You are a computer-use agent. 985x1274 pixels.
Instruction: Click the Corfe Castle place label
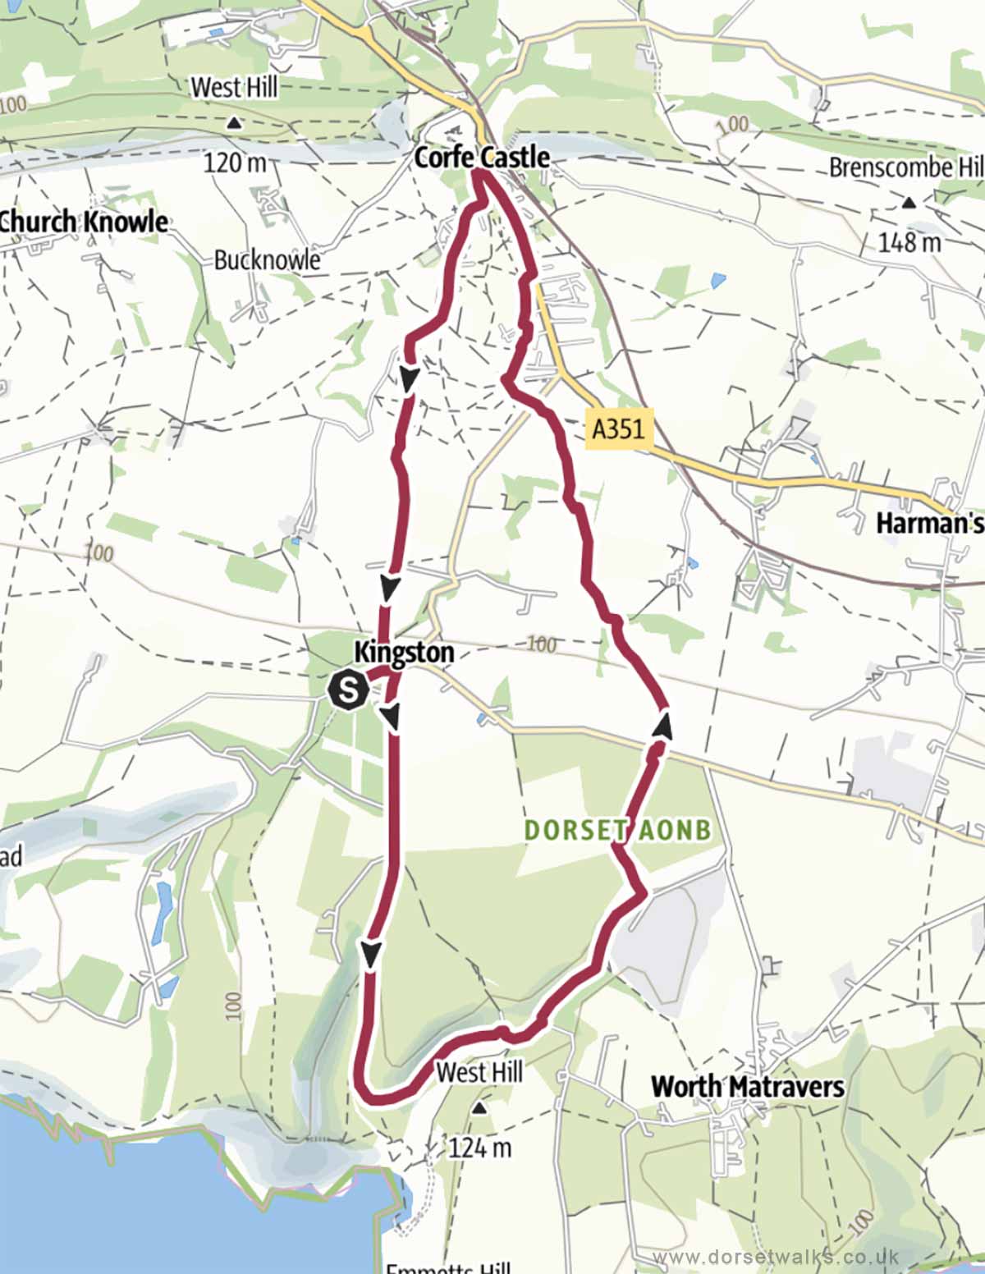[x=482, y=157]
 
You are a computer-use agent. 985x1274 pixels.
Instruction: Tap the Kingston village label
[x=404, y=653]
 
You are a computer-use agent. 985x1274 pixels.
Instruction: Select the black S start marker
[x=348, y=690]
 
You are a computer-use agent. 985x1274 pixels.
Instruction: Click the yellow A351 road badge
[x=619, y=428]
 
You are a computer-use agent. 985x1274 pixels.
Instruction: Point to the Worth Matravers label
[x=747, y=1087]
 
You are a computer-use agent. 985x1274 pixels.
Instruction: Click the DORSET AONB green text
[x=617, y=830]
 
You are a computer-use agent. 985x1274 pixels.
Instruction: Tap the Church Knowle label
[x=84, y=222]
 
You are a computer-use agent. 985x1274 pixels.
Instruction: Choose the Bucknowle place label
[x=267, y=260]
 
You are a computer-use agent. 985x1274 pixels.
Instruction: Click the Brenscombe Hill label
[x=905, y=168]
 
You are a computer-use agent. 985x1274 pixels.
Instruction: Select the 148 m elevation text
[x=909, y=242]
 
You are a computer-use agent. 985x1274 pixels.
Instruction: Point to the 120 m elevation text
[x=235, y=163]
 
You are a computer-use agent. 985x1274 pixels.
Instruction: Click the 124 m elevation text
[x=479, y=1147]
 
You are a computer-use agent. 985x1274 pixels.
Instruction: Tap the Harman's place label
[x=930, y=523]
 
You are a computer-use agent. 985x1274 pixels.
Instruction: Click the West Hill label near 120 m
[x=235, y=87]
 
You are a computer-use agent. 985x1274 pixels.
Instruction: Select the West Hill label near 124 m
[x=479, y=1072]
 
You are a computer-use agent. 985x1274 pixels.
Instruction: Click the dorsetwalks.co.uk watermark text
[x=776, y=1257]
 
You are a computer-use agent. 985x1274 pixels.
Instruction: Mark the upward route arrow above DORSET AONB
[x=662, y=725]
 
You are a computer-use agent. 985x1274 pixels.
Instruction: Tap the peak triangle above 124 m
[x=479, y=1109]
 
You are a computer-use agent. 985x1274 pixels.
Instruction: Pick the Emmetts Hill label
[x=448, y=1267]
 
